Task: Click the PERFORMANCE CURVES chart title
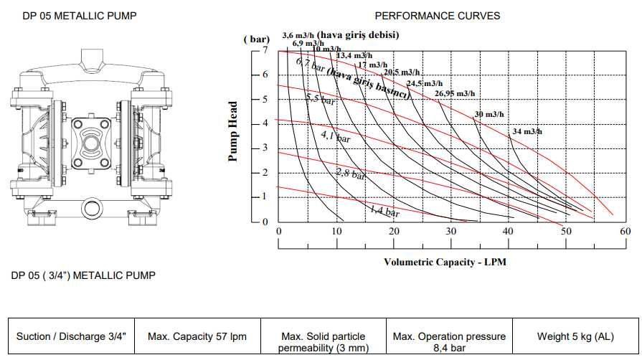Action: (438, 16)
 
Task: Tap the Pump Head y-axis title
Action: (233, 131)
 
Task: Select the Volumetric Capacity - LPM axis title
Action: (445, 262)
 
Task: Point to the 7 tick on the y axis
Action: (264, 50)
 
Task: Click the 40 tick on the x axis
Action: (509, 232)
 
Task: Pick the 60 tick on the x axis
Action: (625, 232)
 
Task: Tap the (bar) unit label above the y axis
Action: (256, 39)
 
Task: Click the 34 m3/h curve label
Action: (527, 131)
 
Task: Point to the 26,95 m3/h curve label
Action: (454, 94)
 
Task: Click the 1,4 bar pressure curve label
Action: (384, 211)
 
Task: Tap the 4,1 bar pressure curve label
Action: (335, 136)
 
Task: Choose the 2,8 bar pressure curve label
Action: (351, 172)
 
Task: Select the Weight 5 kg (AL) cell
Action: (575, 336)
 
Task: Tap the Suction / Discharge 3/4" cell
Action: (70, 336)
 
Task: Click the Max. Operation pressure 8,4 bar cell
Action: (449, 341)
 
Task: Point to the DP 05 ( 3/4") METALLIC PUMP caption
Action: (83, 275)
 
